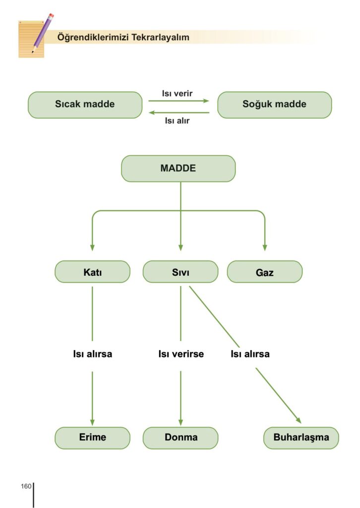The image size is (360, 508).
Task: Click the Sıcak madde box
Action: click(x=85, y=105)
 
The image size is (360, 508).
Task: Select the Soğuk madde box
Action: click(x=274, y=105)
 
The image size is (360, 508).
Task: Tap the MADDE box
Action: click(x=178, y=169)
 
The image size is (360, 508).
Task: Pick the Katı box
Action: click(x=92, y=272)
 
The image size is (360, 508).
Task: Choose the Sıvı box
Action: click(x=180, y=272)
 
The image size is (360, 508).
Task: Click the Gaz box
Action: click(x=264, y=272)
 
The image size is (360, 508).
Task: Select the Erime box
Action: click(x=92, y=438)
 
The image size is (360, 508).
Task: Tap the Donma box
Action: click(x=180, y=438)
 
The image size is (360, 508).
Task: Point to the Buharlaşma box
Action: click(x=301, y=438)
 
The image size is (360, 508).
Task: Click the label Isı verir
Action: click(x=177, y=93)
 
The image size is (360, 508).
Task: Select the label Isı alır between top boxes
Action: click(x=177, y=121)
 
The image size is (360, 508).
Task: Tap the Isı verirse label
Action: click(x=181, y=354)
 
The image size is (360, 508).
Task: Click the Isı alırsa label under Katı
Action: click(x=90, y=354)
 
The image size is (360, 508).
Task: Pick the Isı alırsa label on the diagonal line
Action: click(x=250, y=354)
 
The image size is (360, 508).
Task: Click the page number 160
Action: click(x=26, y=486)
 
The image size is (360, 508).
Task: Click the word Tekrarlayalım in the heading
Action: click(x=161, y=37)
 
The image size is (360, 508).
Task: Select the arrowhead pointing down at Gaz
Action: click(x=264, y=247)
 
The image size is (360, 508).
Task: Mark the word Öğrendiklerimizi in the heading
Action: click(x=93, y=37)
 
